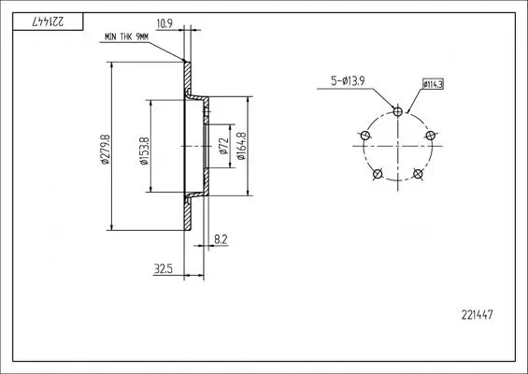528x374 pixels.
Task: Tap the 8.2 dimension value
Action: coord(220,238)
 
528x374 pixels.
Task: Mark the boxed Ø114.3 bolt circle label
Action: coord(433,84)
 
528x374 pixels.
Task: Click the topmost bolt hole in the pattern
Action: coord(399,111)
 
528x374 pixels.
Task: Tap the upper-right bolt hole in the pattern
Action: coord(431,136)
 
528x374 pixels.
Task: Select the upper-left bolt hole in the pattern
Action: coord(365,136)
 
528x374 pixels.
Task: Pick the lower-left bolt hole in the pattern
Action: coord(378,174)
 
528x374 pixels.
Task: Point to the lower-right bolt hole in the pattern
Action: coord(419,174)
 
